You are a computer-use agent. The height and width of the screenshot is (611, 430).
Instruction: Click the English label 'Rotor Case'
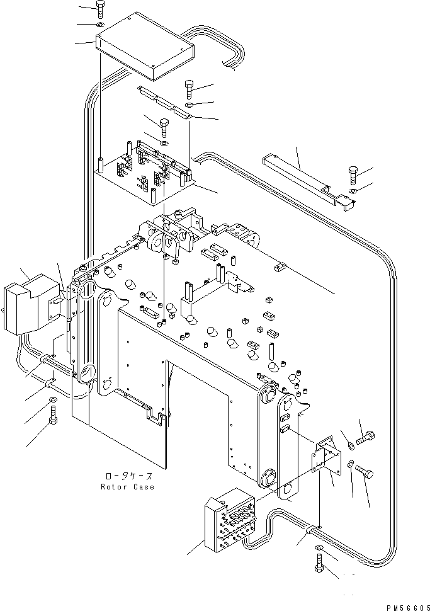[127, 487]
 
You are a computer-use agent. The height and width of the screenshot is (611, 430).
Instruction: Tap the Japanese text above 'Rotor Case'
[129, 476]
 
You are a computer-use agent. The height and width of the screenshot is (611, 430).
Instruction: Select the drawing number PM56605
[408, 607]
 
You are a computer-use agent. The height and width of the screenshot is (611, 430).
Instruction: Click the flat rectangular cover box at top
[145, 47]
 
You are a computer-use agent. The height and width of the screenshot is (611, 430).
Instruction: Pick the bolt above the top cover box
[100, 9]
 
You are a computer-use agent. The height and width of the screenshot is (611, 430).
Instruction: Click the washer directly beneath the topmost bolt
[100, 25]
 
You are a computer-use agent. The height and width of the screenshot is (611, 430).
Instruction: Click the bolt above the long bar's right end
[353, 175]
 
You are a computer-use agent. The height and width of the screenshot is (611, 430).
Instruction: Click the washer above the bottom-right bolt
[319, 548]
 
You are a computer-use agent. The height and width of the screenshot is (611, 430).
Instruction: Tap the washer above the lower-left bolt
[53, 399]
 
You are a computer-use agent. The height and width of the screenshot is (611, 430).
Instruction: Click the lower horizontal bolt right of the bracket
[364, 472]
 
